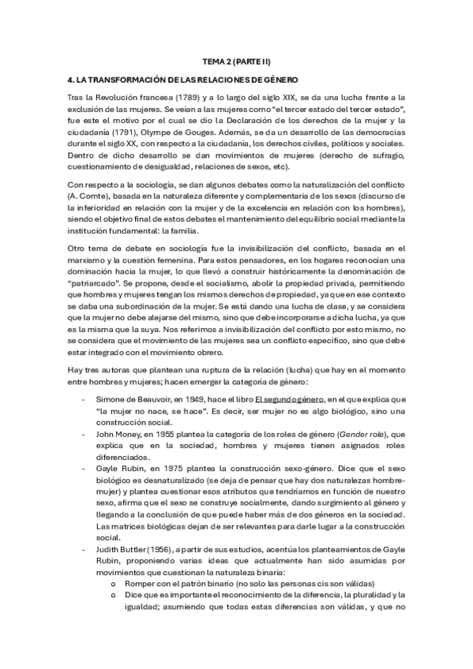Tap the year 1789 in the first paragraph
coord(172,96)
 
